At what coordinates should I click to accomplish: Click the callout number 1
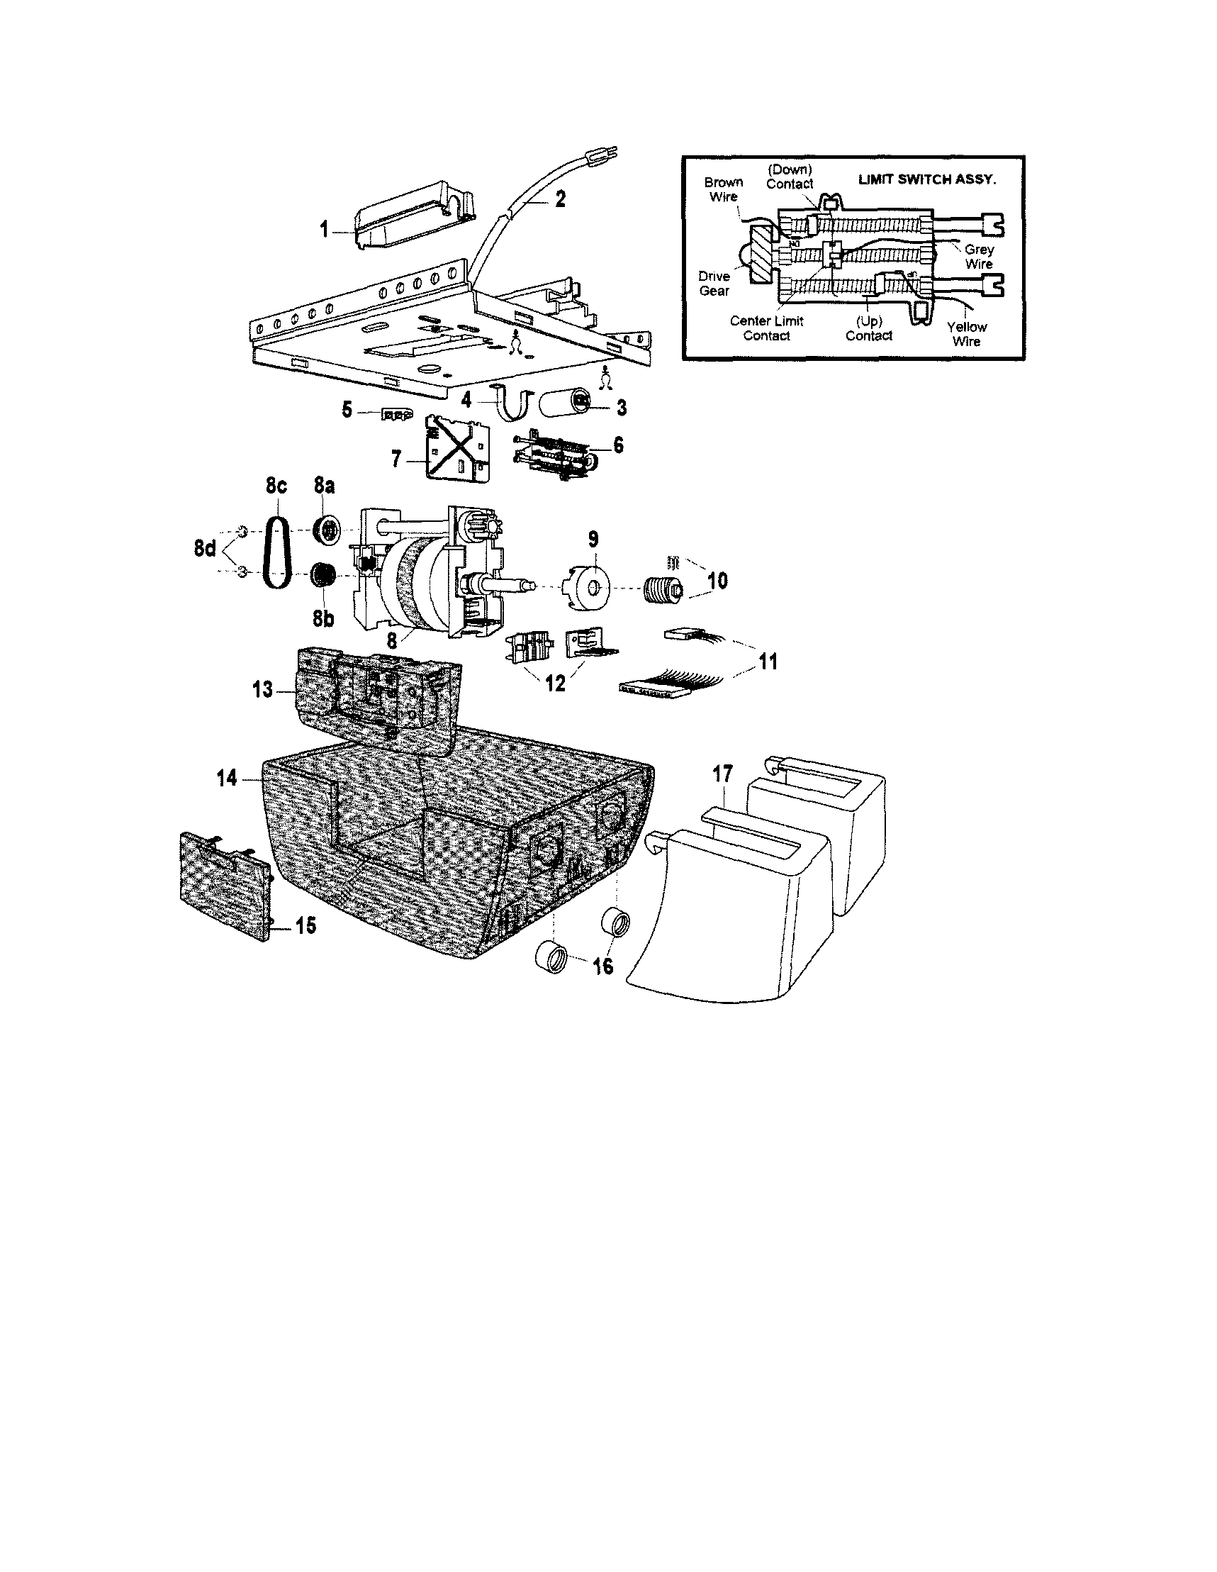point(324,230)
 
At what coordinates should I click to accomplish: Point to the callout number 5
point(347,411)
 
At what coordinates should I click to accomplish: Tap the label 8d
point(204,549)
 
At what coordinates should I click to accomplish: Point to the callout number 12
point(555,683)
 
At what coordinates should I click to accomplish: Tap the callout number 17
point(722,774)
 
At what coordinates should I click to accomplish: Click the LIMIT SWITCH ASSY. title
point(927,179)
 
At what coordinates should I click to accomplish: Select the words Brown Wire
point(723,189)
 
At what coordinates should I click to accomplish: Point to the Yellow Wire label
point(967,334)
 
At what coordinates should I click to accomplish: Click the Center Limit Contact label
point(766,328)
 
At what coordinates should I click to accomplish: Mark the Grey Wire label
point(979,256)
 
